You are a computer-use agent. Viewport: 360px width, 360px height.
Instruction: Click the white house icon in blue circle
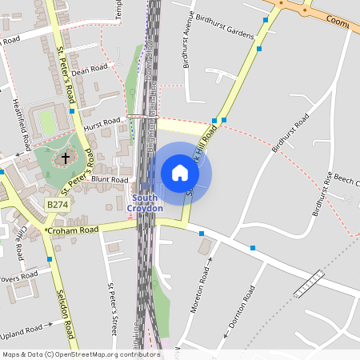click(x=180, y=173)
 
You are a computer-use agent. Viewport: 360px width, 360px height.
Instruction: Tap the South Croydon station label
click(x=145, y=203)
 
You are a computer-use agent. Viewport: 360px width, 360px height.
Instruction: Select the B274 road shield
click(x=58, y=205)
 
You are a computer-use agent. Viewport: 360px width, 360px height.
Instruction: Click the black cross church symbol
click(x=66, y=158)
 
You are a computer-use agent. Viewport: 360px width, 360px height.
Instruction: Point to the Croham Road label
click(x=72, y=230)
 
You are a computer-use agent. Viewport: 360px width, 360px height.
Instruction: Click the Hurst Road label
click(x=102, y=124)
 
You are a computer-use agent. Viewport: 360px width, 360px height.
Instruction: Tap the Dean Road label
click(x=89, y=70)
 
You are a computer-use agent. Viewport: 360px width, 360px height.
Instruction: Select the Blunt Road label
click(x=110, y=180)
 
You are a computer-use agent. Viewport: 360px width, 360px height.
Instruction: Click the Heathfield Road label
click(x=22, y=125)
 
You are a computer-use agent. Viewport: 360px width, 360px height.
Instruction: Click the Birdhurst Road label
click(x=290, y=133)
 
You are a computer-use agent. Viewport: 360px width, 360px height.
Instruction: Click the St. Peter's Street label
click(x=113, y=308)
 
